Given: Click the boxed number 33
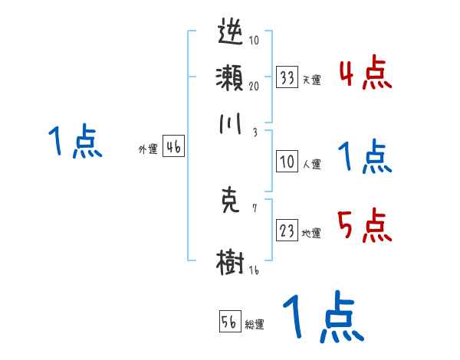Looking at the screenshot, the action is (x=287, y=77).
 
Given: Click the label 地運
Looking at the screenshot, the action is (x=311, y=234).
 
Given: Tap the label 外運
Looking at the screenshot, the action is (x=148, y=149).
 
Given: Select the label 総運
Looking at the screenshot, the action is (x=254, y=324).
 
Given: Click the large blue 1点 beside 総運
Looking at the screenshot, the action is (x=322, y=317).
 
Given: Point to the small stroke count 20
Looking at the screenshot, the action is (x=253, y=85).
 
